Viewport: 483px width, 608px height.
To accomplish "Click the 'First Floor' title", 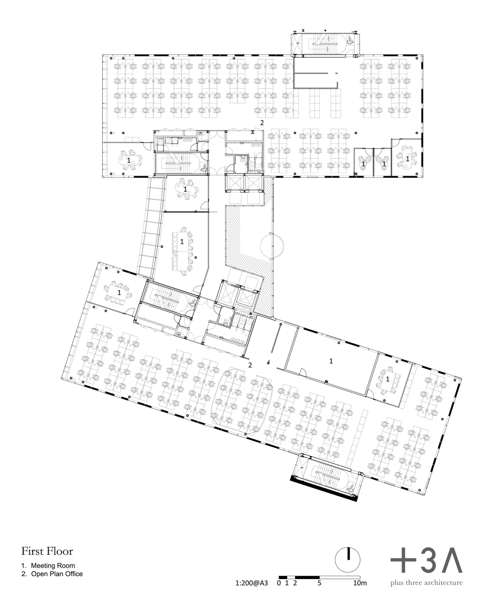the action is tap(47, 551).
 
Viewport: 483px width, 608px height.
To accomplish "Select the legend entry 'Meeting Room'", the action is tap(53, 565).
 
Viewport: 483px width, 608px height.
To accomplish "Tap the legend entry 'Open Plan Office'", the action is tap(57, 574).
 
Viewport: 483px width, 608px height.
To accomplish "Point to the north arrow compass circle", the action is tap(347, 560).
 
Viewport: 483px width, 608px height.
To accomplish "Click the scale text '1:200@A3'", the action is tap(251, 583).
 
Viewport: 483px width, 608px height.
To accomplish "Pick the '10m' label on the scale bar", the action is tap(360, 583).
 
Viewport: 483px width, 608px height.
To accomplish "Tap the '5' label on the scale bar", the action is tap(319, 583).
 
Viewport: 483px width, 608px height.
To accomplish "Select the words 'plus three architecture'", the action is tap(426, 583).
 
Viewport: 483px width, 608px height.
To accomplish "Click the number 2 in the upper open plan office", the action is tap(262, 123).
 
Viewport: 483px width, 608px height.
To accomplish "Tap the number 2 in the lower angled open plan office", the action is tap(250, 365).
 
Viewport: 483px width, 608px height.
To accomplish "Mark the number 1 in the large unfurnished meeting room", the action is tap(331, 361).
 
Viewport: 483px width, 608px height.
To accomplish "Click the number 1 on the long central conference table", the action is tap(182, 242).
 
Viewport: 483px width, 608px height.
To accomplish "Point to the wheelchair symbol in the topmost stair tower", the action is tap(349, 40).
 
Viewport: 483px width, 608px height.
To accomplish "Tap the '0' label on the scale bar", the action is tap(279, 583).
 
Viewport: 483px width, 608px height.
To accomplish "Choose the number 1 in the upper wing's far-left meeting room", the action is tap(129, 160).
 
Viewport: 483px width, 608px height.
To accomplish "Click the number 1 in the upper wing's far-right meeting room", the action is tap(407, 158).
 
